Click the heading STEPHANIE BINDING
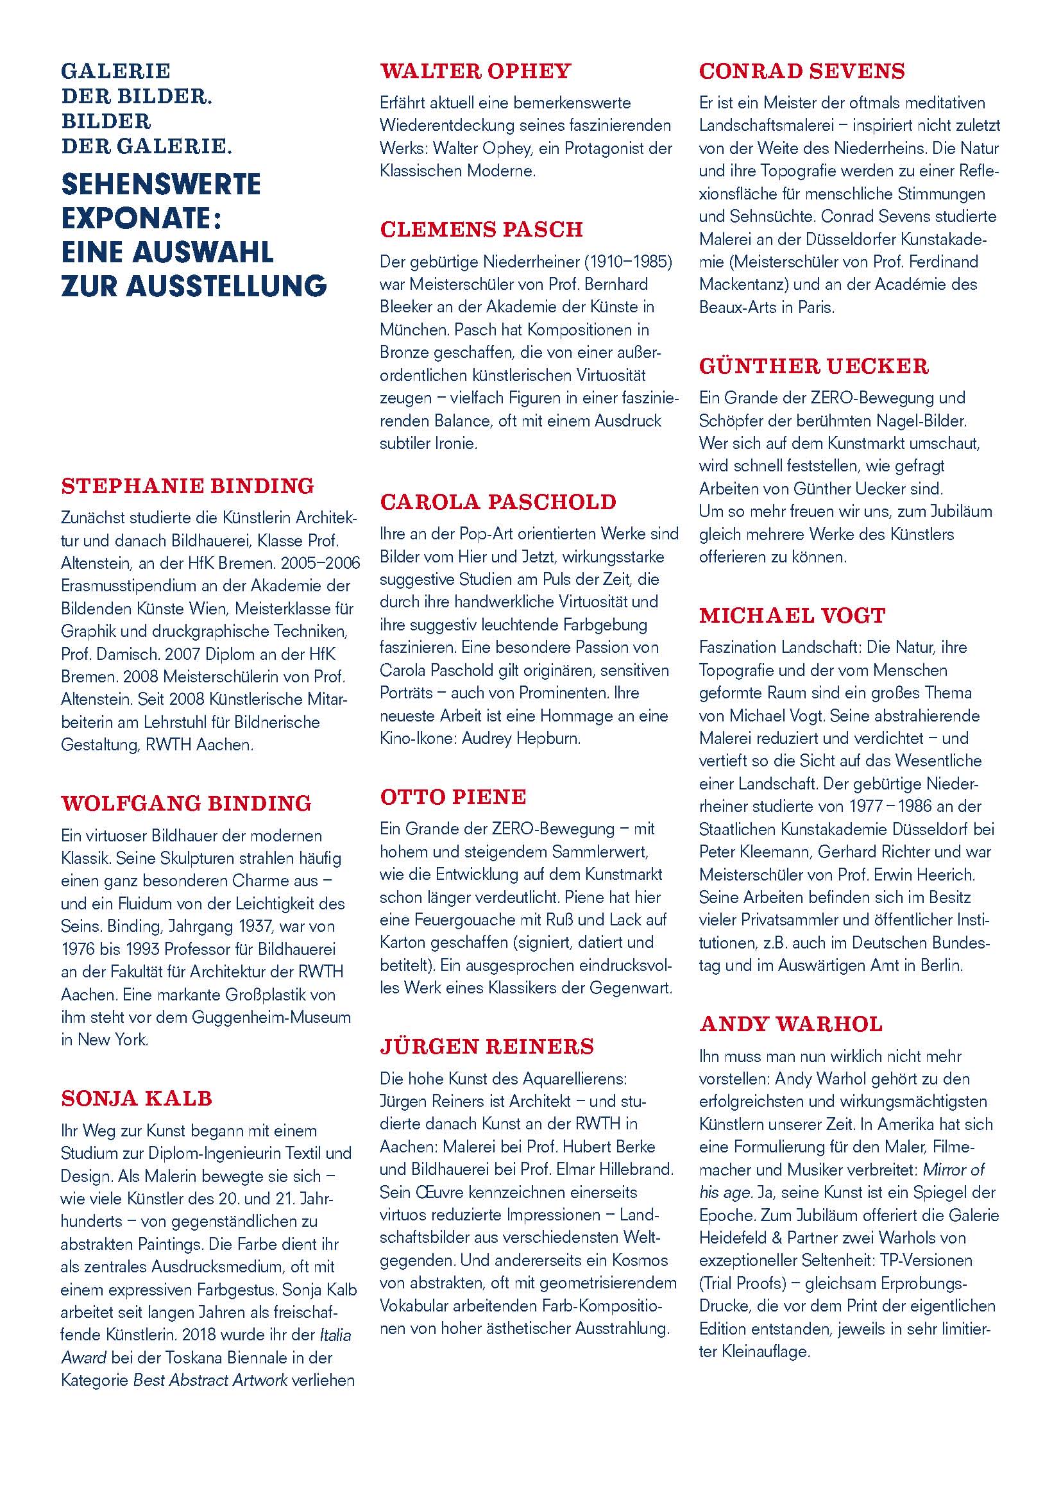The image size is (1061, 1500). click(x=187, y=486)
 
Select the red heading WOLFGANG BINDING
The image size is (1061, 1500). click(x=186, y=804)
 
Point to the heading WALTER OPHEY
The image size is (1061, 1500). click(x=475, y=71)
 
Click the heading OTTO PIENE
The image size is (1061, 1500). click(x=453, y=797)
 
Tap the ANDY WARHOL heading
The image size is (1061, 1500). click(x=790, y=1024)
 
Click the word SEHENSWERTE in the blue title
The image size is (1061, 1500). click(x=161, y=184)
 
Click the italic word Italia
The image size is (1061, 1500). click(x=335, y=1335)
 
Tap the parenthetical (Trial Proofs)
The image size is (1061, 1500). click(x=742, y=1283)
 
